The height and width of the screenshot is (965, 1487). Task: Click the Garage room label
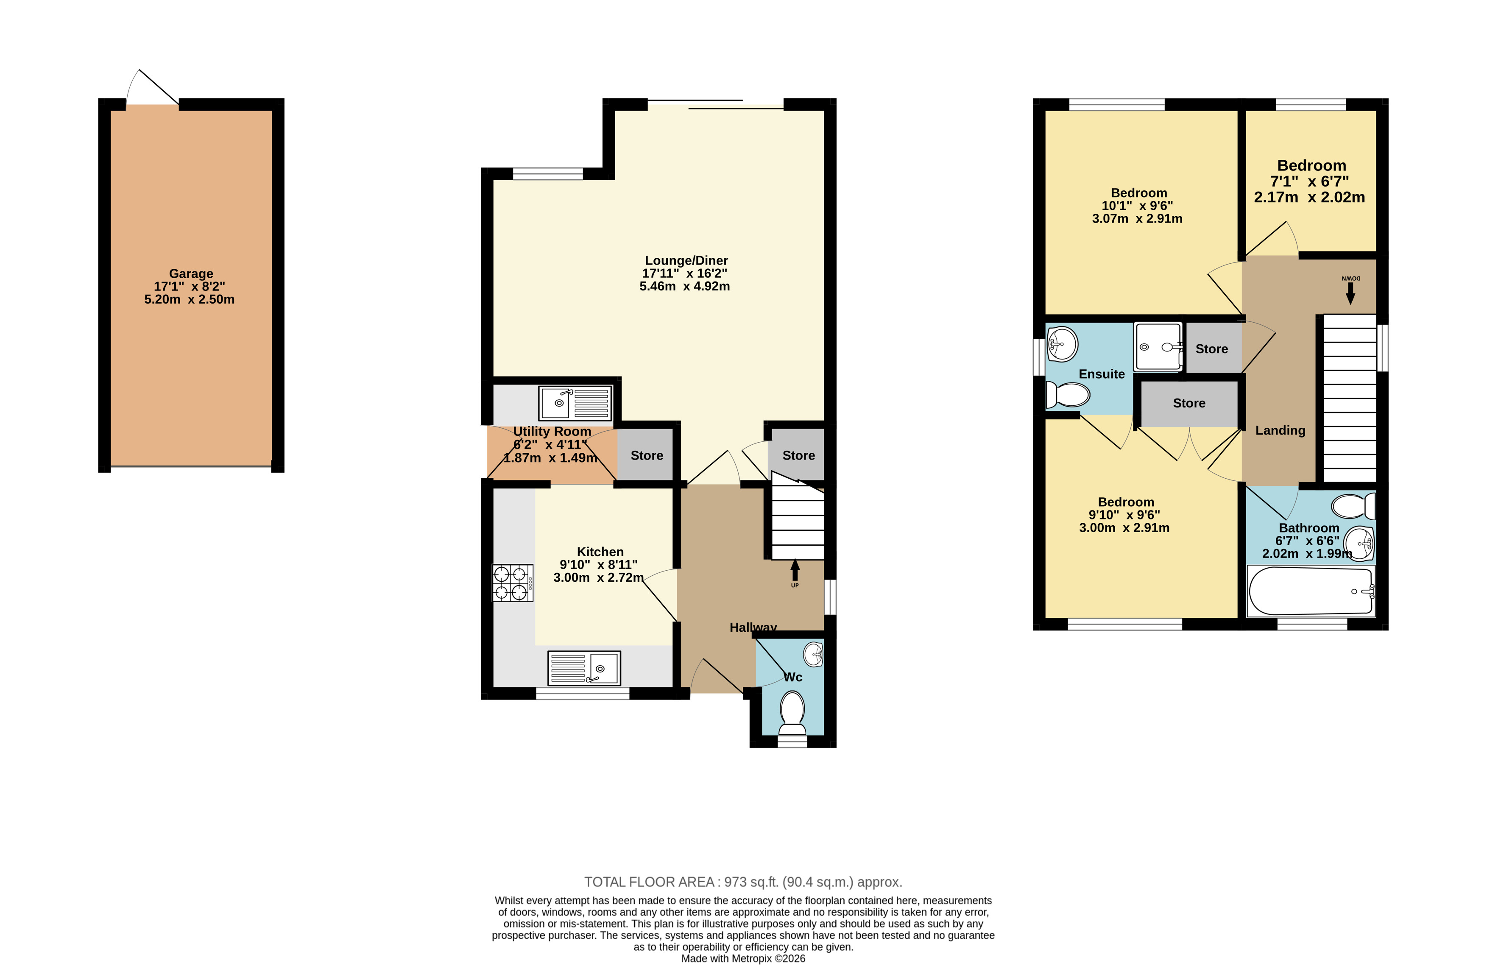pos(191,273)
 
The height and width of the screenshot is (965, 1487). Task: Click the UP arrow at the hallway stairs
pos(795,570)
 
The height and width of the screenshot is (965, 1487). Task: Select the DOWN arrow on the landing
pos(1350,293)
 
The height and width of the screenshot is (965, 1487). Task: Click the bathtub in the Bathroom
pos(1310,591)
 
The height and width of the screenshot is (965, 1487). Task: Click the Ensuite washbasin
pos(1062,343)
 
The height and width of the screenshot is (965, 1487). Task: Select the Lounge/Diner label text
pos(686,260)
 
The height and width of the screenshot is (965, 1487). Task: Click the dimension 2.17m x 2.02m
pos(1310,198)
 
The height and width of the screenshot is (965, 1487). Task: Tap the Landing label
pos(1280,430)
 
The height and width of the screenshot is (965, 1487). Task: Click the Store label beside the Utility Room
pos(647,455)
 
